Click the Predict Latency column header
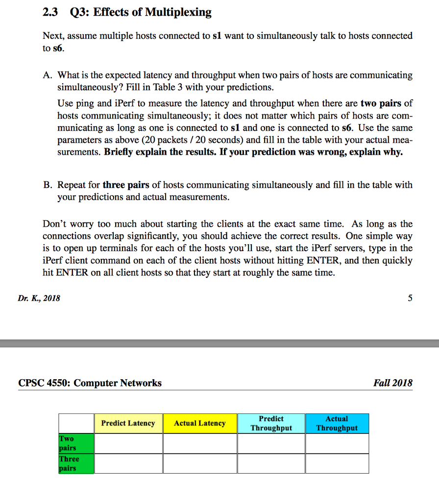click(128, 423)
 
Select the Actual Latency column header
click(200, 423)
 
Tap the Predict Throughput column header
click(271, 423)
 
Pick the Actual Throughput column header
click(337, 423)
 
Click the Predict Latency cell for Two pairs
click(128, 443)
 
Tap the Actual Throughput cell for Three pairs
click(337, 463)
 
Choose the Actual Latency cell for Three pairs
click(200, 463)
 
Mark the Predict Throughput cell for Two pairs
click(271, 443)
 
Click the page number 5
click(410, 298)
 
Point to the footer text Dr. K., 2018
click(39, 298)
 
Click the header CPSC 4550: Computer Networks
click(90, 383)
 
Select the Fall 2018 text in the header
click(392, 383)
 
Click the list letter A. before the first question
click(48, 75)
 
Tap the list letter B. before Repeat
click(48, 185)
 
